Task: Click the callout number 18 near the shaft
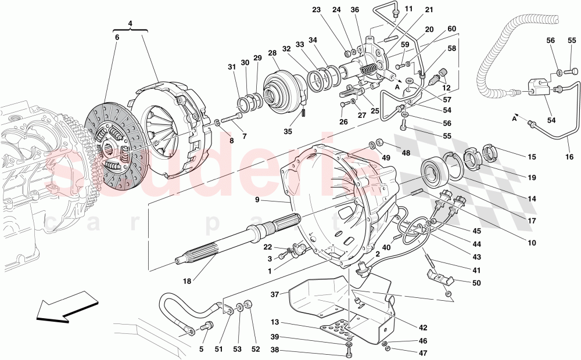click(x=187, y=281)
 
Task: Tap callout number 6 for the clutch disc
click(x=117, y=37)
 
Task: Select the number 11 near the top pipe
click(x=409, y=9)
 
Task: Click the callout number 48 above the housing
click(x=406, y=153)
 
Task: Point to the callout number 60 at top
click(x=451, y=29)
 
